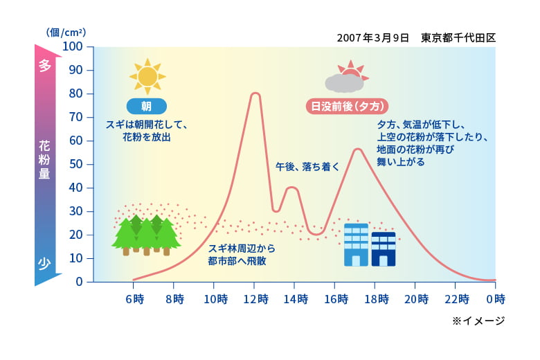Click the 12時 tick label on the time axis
tap(256, 299)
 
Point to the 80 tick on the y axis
tap(75, 93)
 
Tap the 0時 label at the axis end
tap(496, 299)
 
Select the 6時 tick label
tap(135, 299)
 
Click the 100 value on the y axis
tap(73, 46)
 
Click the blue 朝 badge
tap(147, 106)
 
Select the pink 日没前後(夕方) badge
tap(347, 106)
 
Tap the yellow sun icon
tap(147, 76)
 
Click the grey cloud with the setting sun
tap(345, 77)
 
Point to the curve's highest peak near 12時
tap(255, 93)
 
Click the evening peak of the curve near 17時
tap(358, 149)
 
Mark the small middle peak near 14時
tap(292, 188)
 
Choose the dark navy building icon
tap(384, 249)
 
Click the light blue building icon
tap(356, 245)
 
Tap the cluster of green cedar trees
tap(146, 235)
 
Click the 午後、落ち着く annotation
tap(307, 167)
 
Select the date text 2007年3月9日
tap(373, 37)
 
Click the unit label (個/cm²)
tap(66, 33)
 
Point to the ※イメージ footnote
tap(478, 321)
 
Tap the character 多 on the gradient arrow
tap(45, 65)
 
